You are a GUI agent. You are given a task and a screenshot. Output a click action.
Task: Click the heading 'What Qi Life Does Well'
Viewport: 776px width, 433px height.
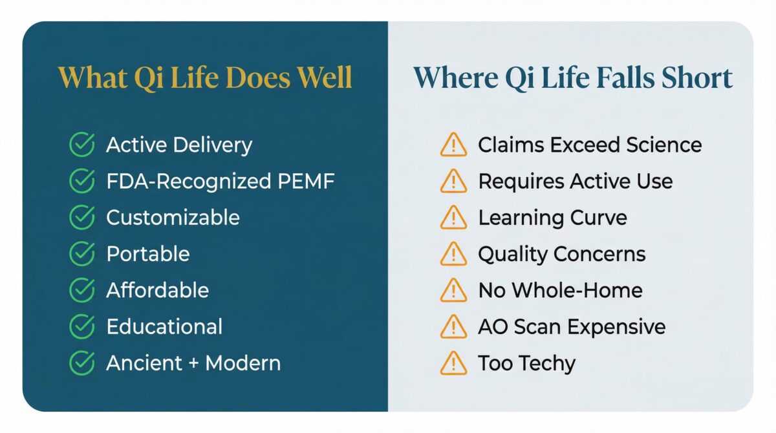tap(205, 78)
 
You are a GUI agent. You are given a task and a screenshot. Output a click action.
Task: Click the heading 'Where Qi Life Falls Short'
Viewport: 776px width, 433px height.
tap(572, 78)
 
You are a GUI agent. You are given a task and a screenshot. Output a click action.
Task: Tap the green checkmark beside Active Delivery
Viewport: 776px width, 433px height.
tap(81, 145)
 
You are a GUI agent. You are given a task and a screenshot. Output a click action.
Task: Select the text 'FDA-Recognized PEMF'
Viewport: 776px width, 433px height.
tap(220, 181)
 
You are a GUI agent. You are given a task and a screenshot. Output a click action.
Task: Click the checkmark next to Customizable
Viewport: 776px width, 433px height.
tap(81, 217)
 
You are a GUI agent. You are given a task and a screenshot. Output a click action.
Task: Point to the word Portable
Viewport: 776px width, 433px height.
tap(148, 253)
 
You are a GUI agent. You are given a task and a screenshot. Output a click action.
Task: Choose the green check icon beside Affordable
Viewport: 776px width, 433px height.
tap(81, 290)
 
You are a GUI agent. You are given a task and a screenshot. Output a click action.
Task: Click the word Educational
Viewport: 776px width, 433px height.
tap(164, 326)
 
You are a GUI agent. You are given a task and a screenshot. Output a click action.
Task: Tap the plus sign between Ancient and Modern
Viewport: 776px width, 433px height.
tap(193, 363)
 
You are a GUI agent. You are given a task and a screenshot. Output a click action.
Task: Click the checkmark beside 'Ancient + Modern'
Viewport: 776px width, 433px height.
tap(81, 363)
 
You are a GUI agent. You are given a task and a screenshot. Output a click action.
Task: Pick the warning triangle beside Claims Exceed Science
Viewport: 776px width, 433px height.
tap(453, 145)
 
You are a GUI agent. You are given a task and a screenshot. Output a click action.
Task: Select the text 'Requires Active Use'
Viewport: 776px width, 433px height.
tap(575, 181)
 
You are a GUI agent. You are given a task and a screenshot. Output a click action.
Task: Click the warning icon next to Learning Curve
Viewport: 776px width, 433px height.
tap(453, 218)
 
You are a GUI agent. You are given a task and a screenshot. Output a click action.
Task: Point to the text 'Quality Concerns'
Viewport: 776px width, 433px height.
tap(561, 254)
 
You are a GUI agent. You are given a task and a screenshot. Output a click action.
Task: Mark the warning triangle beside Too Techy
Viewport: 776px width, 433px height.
tap(453, 364)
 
